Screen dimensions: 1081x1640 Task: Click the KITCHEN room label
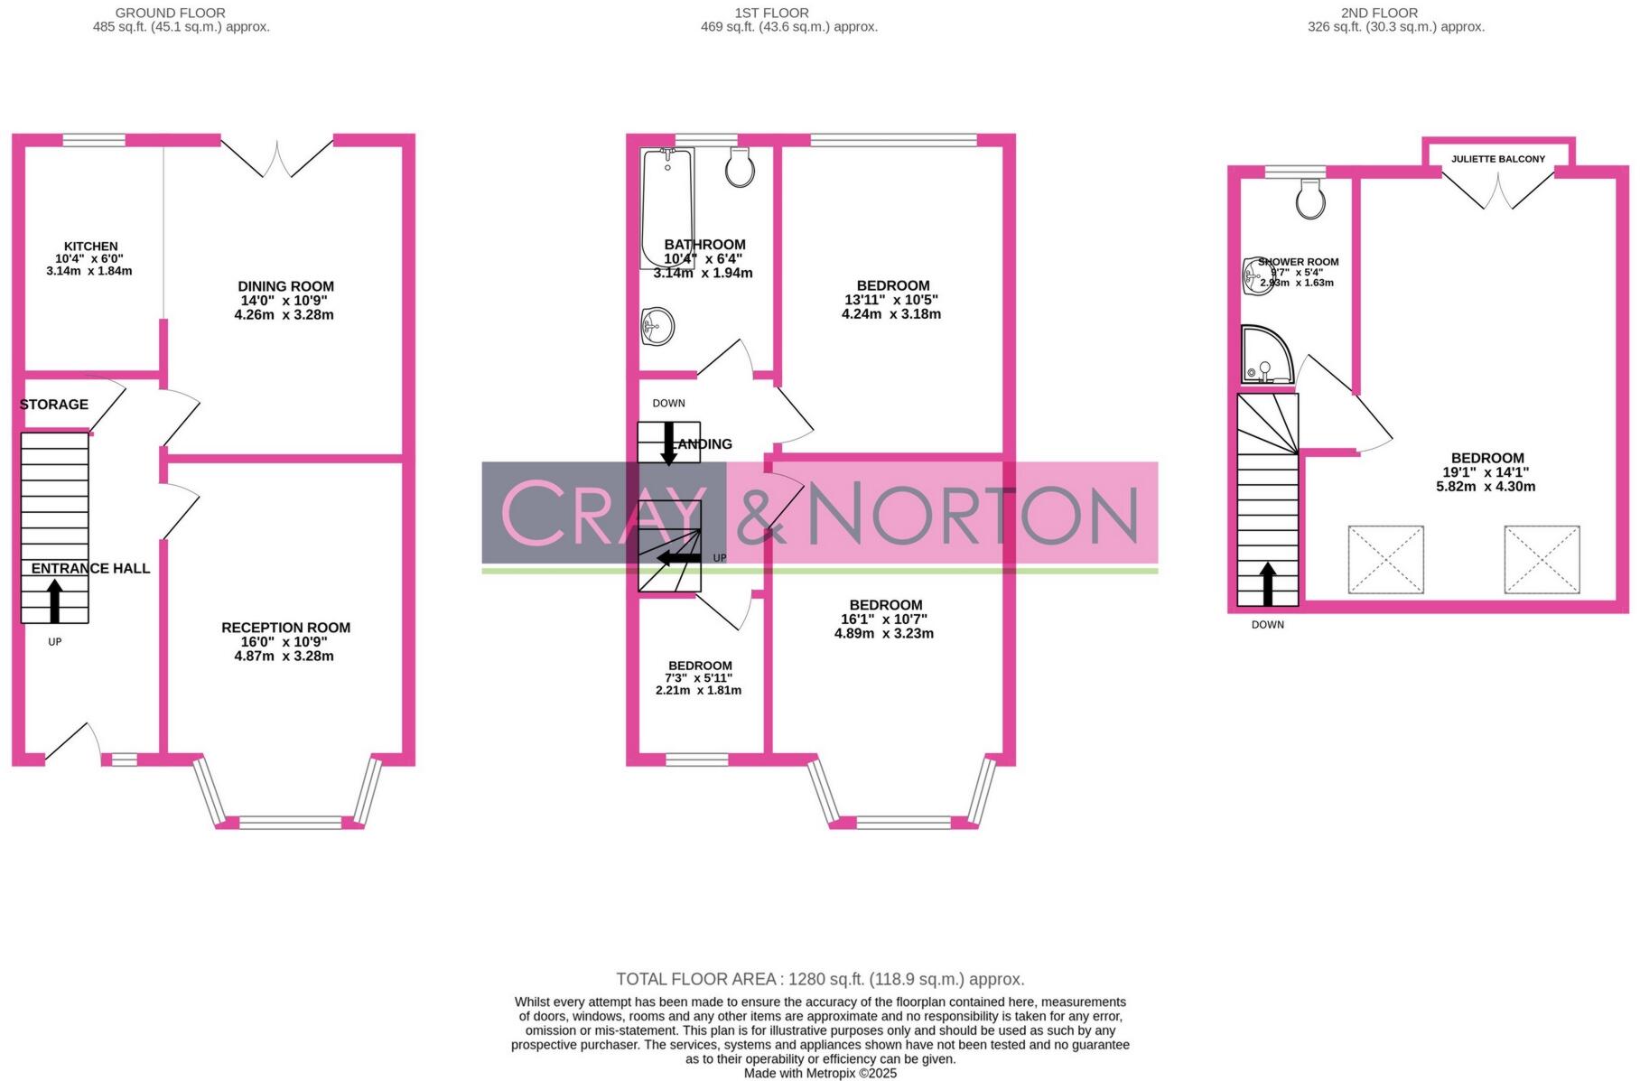click(90, 247)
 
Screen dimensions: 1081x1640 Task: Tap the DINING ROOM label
click(285, 287)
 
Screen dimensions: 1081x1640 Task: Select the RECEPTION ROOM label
click(285, 628)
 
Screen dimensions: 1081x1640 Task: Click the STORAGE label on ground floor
click(54, 405)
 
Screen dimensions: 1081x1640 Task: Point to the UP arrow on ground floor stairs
click(55, 601)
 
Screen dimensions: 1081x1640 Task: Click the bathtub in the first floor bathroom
click(666, 208)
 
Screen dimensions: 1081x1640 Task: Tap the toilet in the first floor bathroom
click(740, 167)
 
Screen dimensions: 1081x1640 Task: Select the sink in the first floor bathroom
click(657, 326)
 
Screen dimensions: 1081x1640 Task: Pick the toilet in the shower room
click(1310, 198)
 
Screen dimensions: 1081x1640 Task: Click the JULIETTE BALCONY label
click(1497, 159)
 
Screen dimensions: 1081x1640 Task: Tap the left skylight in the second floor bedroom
click(1385, 560)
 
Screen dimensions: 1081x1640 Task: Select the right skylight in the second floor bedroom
click(1542, 560)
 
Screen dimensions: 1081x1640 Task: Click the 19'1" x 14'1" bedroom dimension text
click(1486, 472)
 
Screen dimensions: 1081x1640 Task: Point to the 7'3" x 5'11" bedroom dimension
click(699, 678)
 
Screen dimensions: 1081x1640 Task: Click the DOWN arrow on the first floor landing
click(669, 443)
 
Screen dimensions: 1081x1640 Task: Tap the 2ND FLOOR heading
click(1379, 13)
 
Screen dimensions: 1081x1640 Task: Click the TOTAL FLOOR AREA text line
click(819, 979)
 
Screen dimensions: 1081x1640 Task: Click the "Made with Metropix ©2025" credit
click(819, 1073)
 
